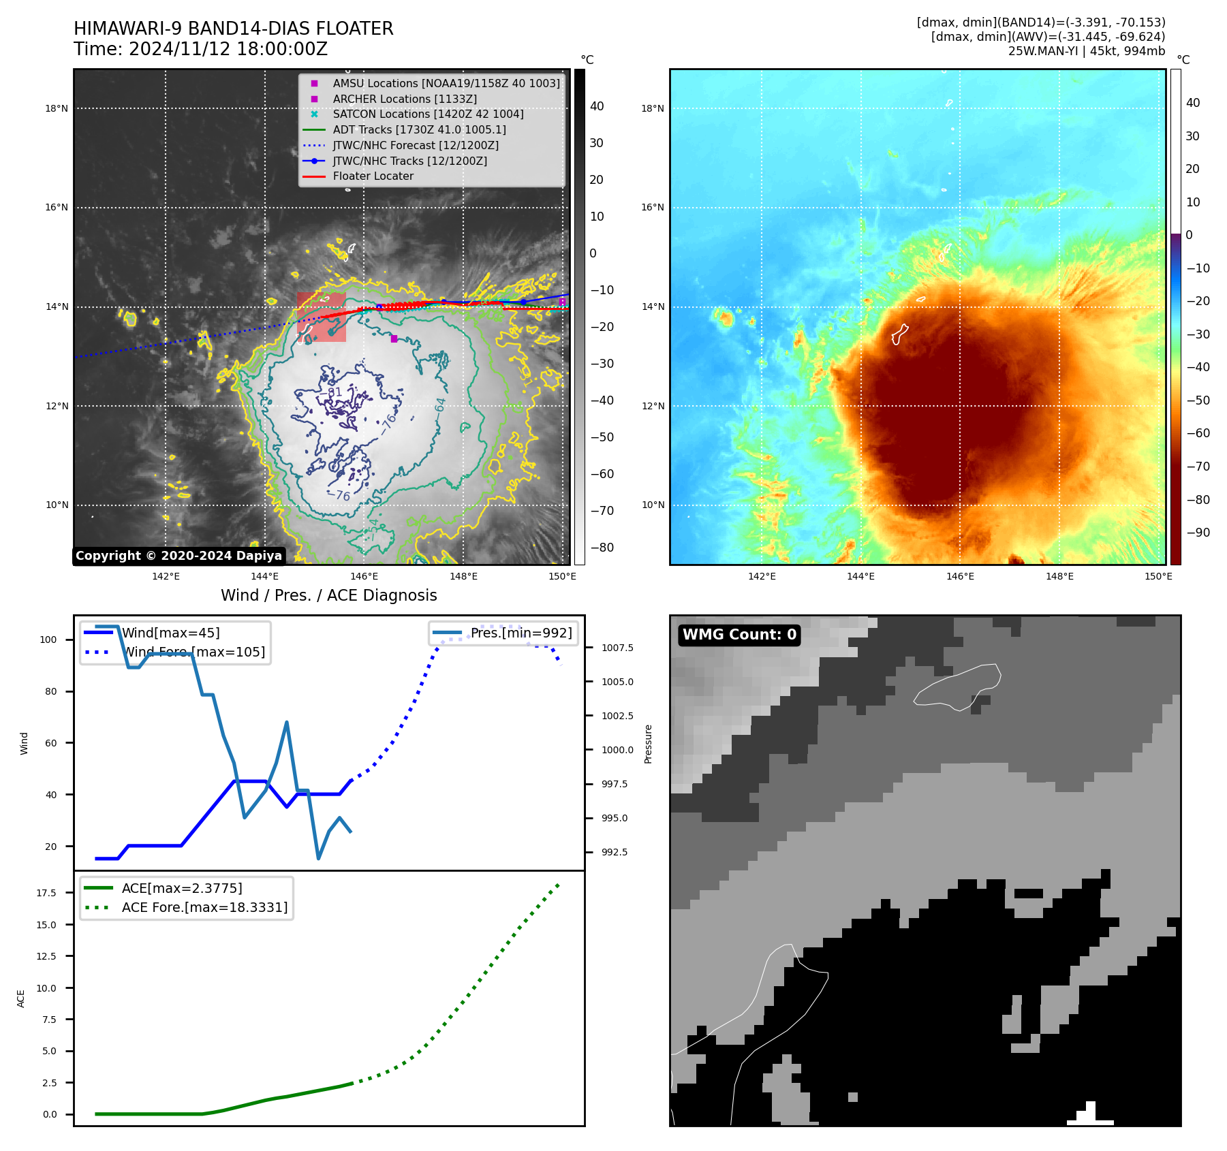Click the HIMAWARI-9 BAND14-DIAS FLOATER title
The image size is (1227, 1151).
click(x=233, y=29)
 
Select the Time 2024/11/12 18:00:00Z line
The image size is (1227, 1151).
click(x=200, y=50)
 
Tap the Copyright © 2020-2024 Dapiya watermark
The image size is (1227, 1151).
click(x=178, y=556)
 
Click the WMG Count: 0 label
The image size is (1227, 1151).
click(x=739, y=635)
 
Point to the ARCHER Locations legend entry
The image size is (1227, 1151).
click(x=405, y=99)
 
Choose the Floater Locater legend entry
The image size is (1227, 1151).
click(x=373, y=176)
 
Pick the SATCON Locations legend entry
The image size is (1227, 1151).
click(x=428, y=114)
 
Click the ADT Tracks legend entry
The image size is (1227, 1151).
click(x=419, y=130)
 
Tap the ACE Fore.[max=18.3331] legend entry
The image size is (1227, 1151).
click(x=204, y=908)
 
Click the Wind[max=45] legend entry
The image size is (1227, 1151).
click(x=170, y=633)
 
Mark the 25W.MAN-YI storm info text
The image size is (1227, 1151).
click(x=1086, y=51)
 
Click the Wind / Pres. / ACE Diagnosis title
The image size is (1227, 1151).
click(x=328, y=596)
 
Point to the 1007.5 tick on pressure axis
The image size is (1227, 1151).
click(x=617, y=648)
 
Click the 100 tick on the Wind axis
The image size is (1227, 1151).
click(x=48, y=640)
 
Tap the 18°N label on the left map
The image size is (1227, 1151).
click(x=57, y=109)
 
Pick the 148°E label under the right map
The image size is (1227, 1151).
click(x=1059, y=577)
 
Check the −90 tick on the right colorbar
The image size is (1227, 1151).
click(x=1198, y=533)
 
